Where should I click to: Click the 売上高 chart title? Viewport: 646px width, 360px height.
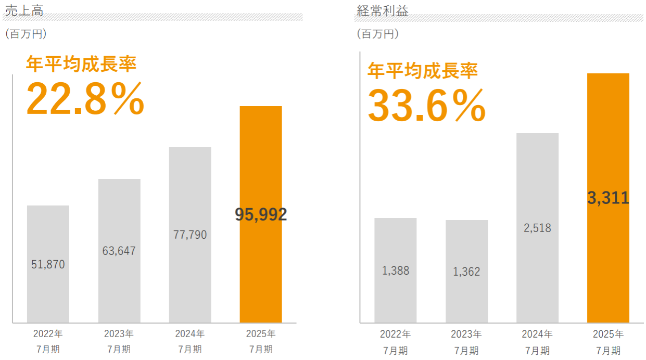24,10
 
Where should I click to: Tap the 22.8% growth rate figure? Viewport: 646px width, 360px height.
85,98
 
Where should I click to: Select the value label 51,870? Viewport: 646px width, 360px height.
48,264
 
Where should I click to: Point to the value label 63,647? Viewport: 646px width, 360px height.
119,251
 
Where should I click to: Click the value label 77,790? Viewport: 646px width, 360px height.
190,235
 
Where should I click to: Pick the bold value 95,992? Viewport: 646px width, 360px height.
261,214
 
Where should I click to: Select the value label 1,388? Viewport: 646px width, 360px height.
395,271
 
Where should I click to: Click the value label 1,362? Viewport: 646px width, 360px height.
466,272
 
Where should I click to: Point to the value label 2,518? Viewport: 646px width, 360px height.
537,228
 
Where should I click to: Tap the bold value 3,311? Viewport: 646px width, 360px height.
608,198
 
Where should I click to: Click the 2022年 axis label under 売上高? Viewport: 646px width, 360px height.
48,333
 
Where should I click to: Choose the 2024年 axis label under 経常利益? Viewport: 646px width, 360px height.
537,334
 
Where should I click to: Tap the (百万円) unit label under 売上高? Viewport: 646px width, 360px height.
26,34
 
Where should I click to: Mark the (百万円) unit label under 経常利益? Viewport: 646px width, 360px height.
378,34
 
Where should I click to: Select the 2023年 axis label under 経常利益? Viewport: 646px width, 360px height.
466,334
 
